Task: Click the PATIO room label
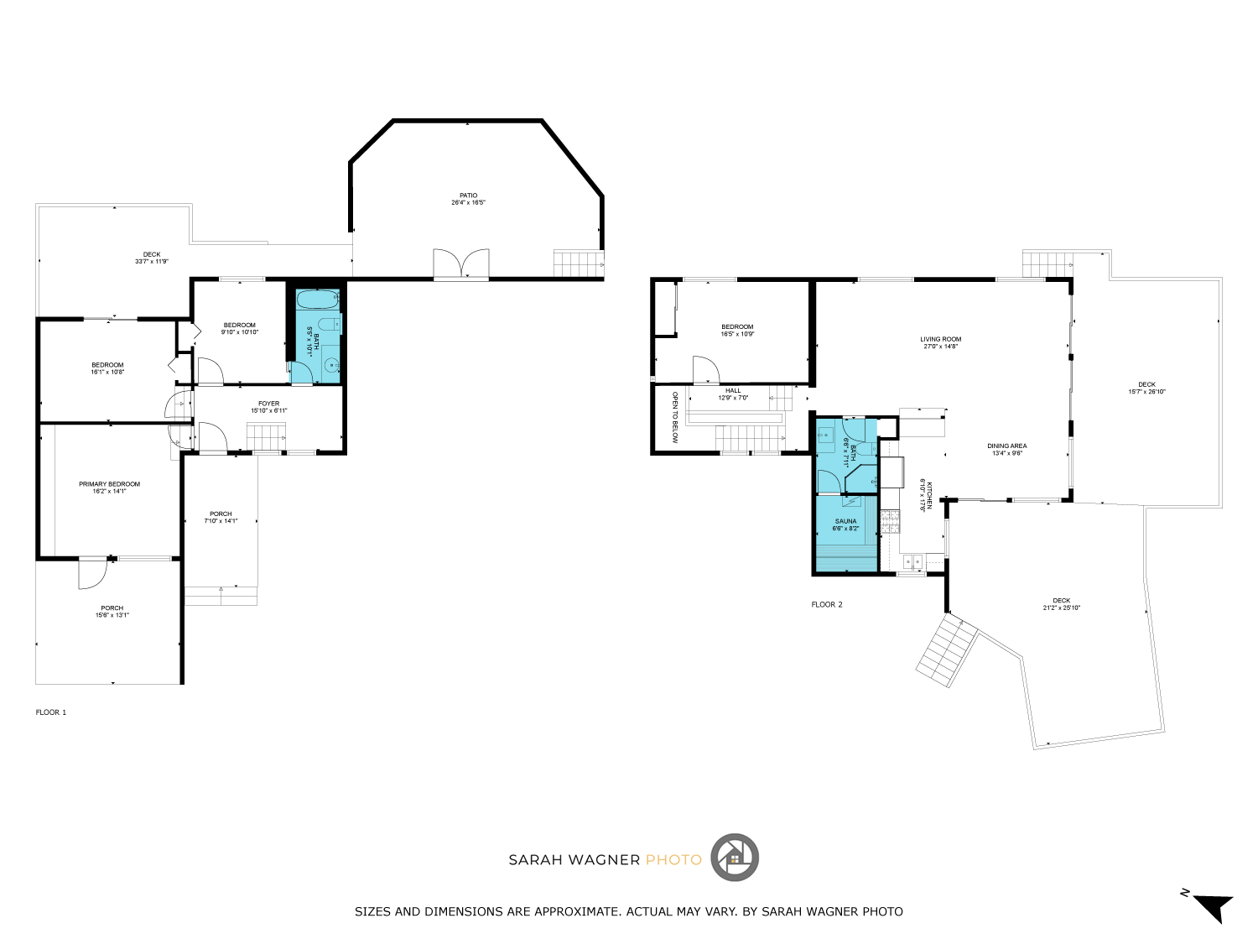[x=468, y=196]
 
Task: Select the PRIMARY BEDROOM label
[x=109, y=484]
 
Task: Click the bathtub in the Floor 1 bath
[x=318, y=300]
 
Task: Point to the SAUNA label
[x=845, y=521]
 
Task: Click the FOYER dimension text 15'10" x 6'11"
[x=268, y=411]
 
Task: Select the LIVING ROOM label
[x=940, y=339]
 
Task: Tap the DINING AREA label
[x=1006, y=446]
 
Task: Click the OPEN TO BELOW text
[x=674, y=417]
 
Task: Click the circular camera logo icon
[x=735, y=858]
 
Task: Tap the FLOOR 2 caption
[x=826, y=604]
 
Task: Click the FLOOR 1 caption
[x=50, y=712]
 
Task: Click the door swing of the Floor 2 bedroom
[x=705, y=370]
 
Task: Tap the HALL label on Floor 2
[x=733, y=390]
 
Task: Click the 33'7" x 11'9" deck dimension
[x=152, y=262]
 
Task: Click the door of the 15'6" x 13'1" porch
[x=91, y=574]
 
